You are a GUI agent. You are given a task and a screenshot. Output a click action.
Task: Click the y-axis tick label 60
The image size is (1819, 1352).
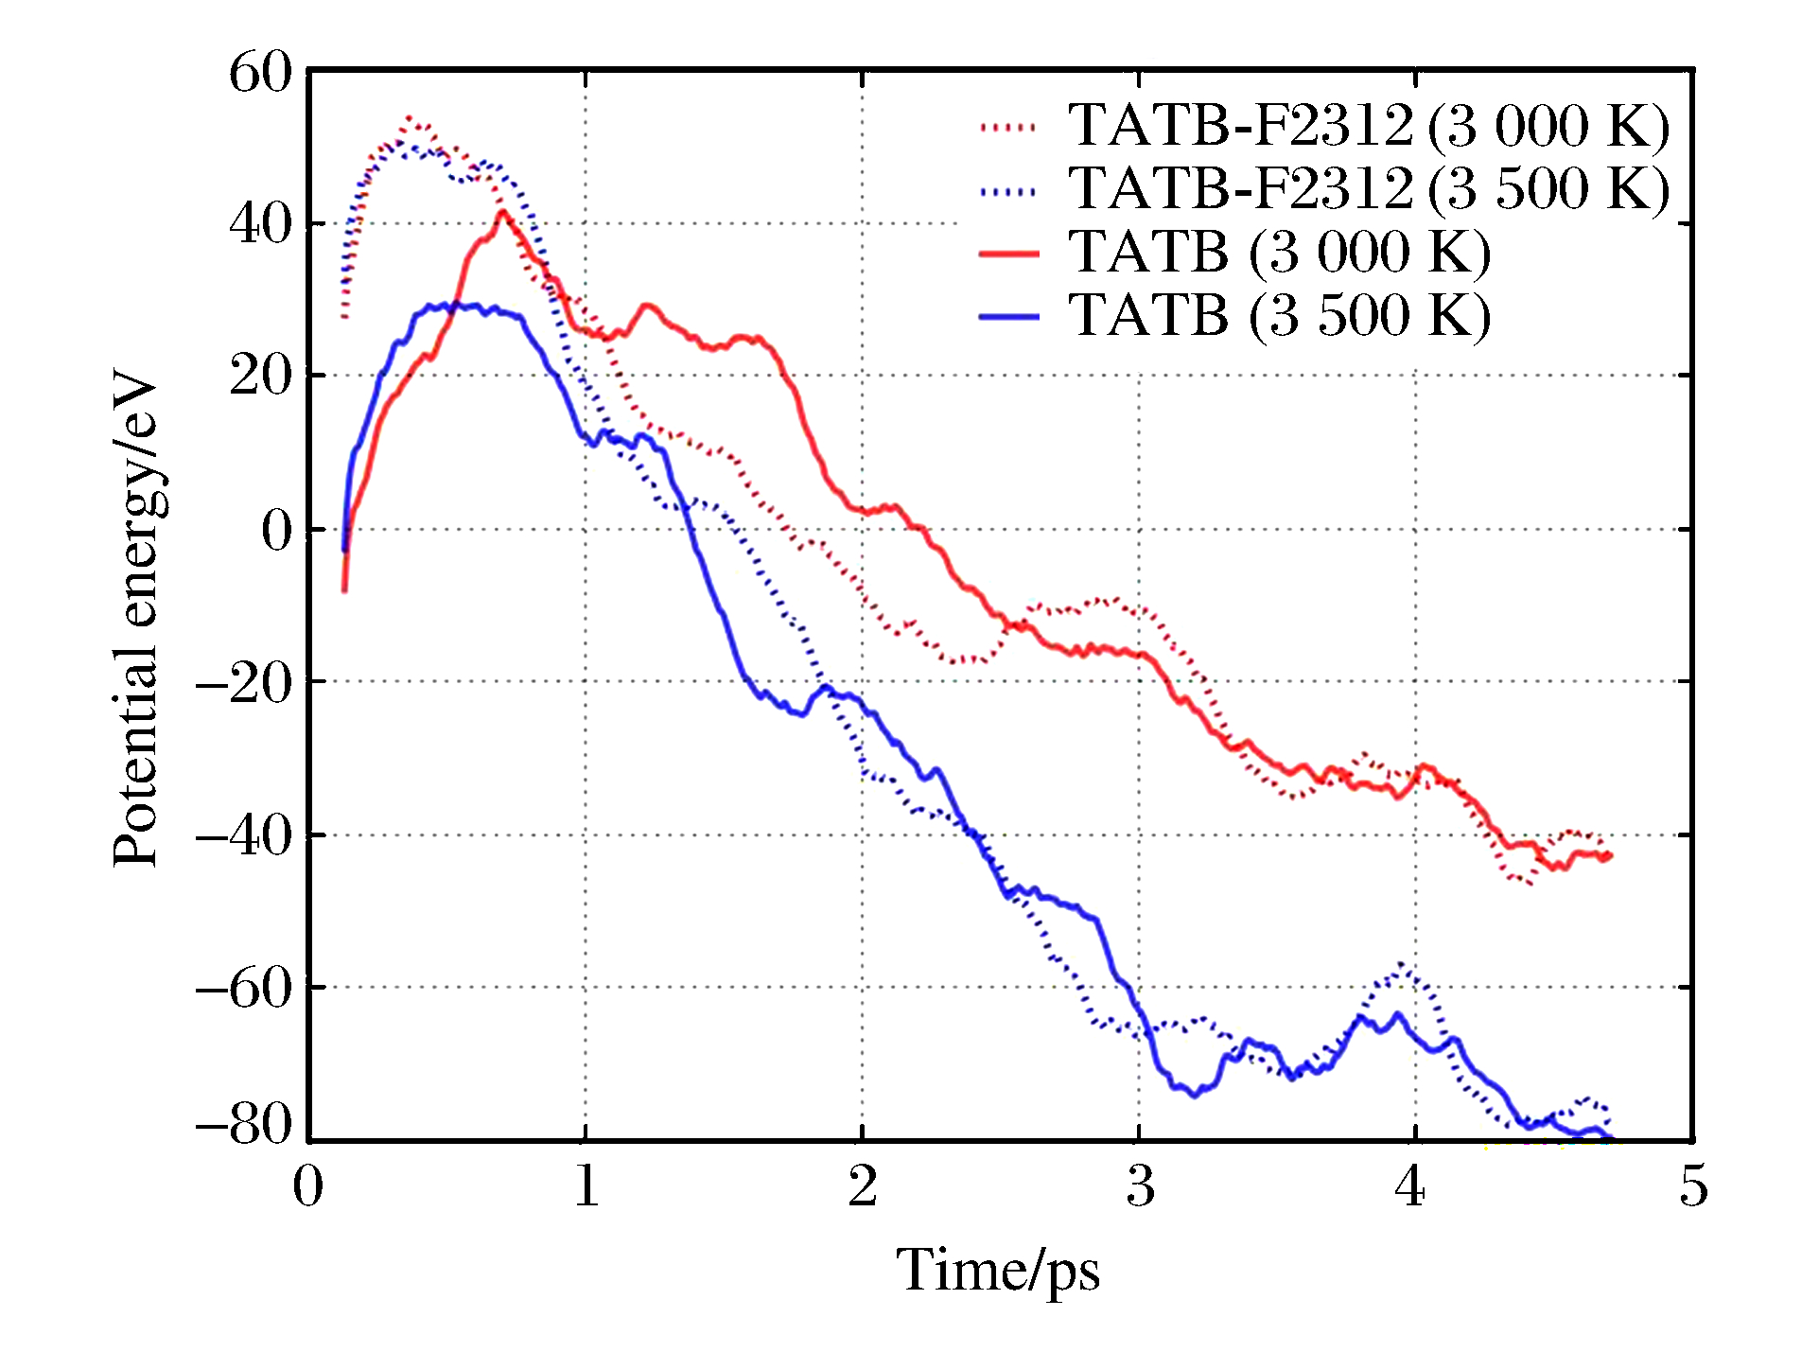click(261, 73)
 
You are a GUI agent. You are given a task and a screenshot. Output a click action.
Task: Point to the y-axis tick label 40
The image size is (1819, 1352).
click(261, 225)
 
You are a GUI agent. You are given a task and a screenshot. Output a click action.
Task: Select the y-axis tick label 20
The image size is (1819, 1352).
click(261, 377)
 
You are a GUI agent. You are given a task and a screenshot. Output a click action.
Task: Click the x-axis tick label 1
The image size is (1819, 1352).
click(586, 1185)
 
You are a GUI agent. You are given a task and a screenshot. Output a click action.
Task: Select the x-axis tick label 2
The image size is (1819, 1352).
click(863, 1185)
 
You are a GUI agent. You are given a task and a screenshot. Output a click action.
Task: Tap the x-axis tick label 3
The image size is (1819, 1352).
click(1140, 1185)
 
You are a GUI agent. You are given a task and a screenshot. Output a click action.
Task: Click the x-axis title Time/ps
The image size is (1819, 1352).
click(998, 1271)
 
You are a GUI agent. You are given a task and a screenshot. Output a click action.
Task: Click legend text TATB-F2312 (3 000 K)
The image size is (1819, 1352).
click(1369, 126)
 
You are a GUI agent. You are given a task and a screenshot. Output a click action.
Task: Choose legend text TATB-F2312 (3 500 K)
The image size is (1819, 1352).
click(1369, 188)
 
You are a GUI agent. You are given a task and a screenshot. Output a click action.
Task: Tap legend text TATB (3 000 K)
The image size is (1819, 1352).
click(1279, 253)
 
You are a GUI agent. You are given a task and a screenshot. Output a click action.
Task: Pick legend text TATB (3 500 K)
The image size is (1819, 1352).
click(1279, 315)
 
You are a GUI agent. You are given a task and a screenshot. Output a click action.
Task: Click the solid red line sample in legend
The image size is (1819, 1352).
click(1008, 254)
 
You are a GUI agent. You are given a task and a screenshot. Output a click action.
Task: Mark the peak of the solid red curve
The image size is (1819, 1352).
click(503, 212)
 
